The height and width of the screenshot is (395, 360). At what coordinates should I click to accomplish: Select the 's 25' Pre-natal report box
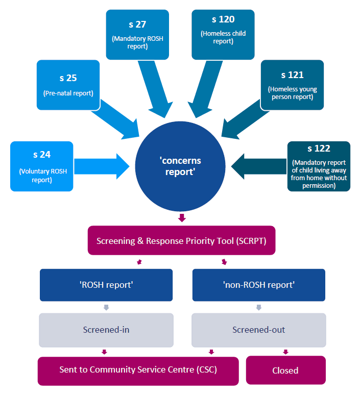coord(67,85)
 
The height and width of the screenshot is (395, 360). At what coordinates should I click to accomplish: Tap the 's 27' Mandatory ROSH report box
coord(137,34)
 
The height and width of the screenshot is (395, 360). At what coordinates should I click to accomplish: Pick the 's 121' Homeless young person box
coord(292,85)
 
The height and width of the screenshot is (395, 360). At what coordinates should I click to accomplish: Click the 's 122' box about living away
coord(319,166)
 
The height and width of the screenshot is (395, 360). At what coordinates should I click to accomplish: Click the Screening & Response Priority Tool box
coord(182,240)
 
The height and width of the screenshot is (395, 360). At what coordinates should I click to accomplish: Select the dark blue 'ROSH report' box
coord(106,285)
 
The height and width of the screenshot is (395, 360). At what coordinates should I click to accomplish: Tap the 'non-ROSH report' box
coord(258,285)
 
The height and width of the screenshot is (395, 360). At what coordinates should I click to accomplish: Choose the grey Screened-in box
coord(106,330)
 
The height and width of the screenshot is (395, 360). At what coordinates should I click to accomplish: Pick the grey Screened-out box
coord(258,330)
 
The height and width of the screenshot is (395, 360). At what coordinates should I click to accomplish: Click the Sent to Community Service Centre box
coord(138,370)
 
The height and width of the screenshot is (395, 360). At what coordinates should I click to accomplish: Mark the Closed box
coord(285,370)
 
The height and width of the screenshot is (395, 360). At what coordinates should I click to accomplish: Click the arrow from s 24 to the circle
coord(102,166)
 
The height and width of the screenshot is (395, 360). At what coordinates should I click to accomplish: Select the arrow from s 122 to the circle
coord(258,166)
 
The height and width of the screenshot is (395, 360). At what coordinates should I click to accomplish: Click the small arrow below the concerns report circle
coord(182,218)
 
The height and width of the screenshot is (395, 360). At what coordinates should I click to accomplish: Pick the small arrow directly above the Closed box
coord(285,352)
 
